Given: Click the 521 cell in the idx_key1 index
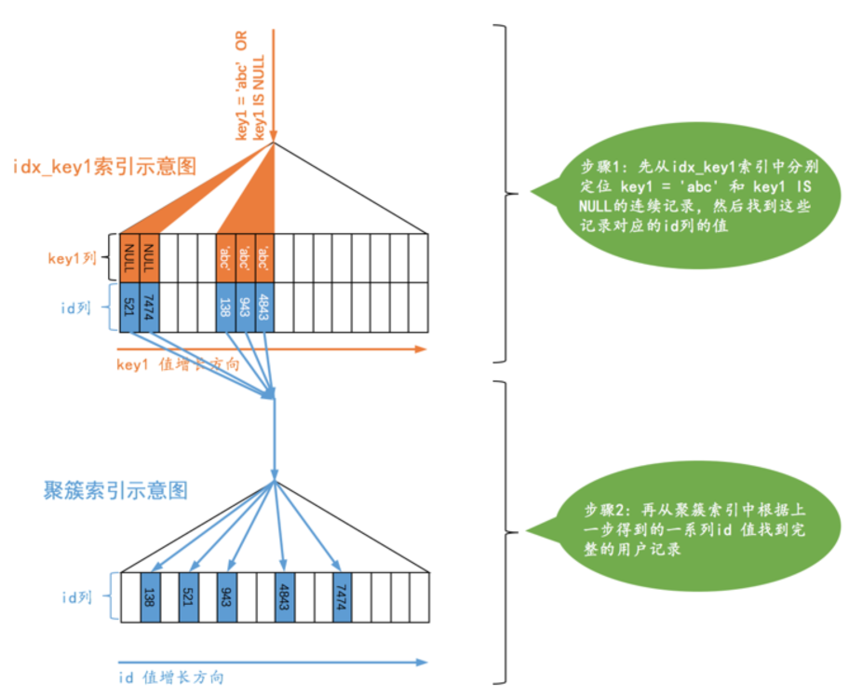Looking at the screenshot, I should tap(130, 307).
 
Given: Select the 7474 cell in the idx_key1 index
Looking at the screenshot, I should tap(149, 307).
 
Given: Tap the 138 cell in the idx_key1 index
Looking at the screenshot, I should tap(226, 307).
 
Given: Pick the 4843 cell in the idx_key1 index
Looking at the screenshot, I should tap(264, 307).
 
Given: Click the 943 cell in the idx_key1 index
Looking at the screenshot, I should tap(246, 307).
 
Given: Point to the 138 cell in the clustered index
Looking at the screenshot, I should tap(151, 596).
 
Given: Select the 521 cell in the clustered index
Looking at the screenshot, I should tap(189, 596).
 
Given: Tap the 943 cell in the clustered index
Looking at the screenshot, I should tap(227, 596).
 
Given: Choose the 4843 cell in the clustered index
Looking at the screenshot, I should tap(285, 596).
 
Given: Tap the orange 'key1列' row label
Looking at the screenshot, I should tap(72, 258).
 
